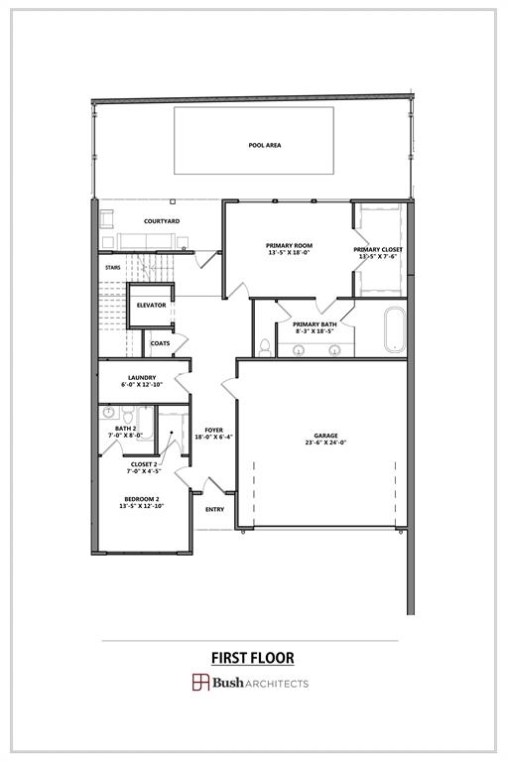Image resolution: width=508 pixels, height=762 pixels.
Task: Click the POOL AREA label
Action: click(x=265, y=145)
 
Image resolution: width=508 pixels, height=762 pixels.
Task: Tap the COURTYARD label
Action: click(x=161, y=220)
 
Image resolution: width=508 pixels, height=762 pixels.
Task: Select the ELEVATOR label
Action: click(x=151, y=305)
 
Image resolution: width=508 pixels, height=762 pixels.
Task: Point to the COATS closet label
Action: click(x=160, y=343)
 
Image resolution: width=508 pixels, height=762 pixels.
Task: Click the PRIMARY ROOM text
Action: click(x=289, y=245)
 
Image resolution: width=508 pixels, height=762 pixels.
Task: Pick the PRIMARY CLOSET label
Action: click(x=378, y=250)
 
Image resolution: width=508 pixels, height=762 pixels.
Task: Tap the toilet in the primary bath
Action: click(x=264, y=346)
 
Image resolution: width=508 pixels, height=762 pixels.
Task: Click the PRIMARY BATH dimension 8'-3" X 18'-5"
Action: click(x=315, y=331)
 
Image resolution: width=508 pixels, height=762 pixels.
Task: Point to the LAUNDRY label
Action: click(x=141, y=377)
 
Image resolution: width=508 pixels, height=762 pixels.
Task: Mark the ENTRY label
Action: click(x=214, y=509)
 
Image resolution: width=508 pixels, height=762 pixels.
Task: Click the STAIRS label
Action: click(x=113, y=267)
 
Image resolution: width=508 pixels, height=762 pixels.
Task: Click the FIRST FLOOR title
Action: click(x=252, y=657)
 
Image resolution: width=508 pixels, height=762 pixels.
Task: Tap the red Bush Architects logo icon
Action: click(x=200, y=682)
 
